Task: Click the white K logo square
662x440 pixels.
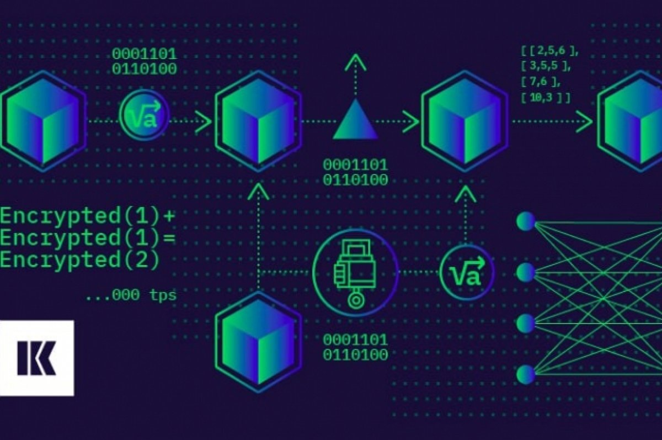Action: [x=36, y=358]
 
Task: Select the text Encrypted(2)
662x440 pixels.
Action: [x=80, y=258]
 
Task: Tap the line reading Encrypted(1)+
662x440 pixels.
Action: [x=87, y=216]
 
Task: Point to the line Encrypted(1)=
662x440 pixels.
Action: [x=87, y=237]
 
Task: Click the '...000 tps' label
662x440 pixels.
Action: [x=131, y=295]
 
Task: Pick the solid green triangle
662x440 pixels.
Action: [x=356, y=120]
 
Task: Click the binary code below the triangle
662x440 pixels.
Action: [x=355, y=172]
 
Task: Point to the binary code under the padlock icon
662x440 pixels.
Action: [x=355, y=347]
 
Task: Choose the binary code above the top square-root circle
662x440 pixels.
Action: [x=145, y=61]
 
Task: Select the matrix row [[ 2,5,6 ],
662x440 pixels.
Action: [x=549, y=51]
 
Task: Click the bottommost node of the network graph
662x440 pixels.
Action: [x=525, y=375]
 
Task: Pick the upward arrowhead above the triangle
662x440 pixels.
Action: [x=356, y=62]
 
